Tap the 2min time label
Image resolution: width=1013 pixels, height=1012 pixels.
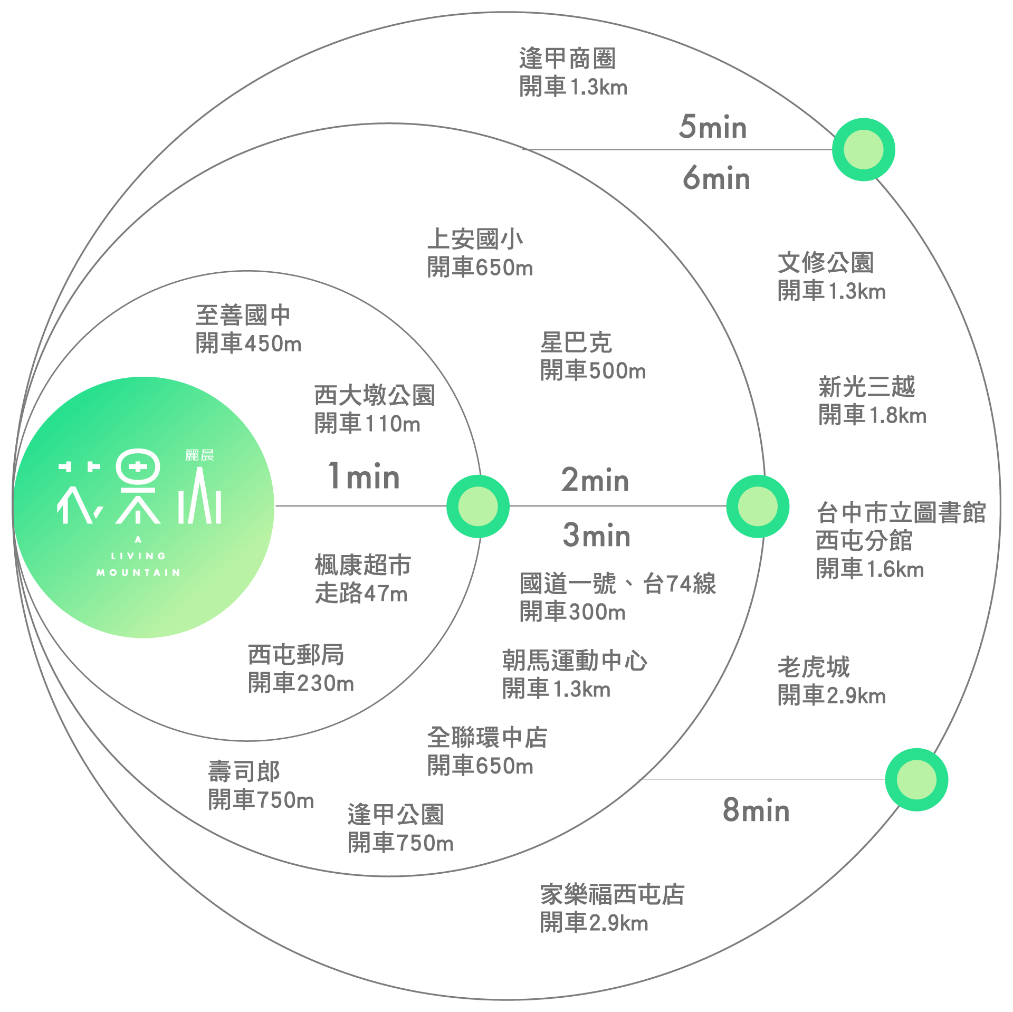(595, 480)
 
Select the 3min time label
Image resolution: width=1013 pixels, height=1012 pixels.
(597, 535)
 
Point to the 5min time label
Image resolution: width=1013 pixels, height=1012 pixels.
(713, 127)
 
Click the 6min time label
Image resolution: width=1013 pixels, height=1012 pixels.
(716, 178)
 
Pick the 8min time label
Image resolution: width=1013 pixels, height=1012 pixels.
(756, 810)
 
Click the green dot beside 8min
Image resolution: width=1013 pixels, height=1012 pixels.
(916, 779)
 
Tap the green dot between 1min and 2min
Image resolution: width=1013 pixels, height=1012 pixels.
(478, 506)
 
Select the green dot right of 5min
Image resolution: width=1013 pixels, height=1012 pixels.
(863, 150)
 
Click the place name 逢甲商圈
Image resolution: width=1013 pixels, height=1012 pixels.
(567, 59)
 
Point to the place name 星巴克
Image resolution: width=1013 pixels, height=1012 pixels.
(576, 343)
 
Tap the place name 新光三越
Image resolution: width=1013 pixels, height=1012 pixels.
(867, 387)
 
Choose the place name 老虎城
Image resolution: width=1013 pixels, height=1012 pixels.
(814, 667)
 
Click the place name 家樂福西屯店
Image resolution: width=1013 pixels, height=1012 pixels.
(612, 894)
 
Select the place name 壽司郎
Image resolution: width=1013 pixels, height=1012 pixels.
(244, 772)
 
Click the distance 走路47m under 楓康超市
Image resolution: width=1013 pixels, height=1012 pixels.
(361, 594)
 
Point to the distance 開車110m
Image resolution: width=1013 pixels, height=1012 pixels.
(367, 424)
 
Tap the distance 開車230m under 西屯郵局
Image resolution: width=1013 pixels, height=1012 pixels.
(301, 684)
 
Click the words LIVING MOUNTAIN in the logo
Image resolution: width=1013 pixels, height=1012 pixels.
(138, 564)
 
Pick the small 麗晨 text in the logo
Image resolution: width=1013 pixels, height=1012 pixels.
(199, 455)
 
